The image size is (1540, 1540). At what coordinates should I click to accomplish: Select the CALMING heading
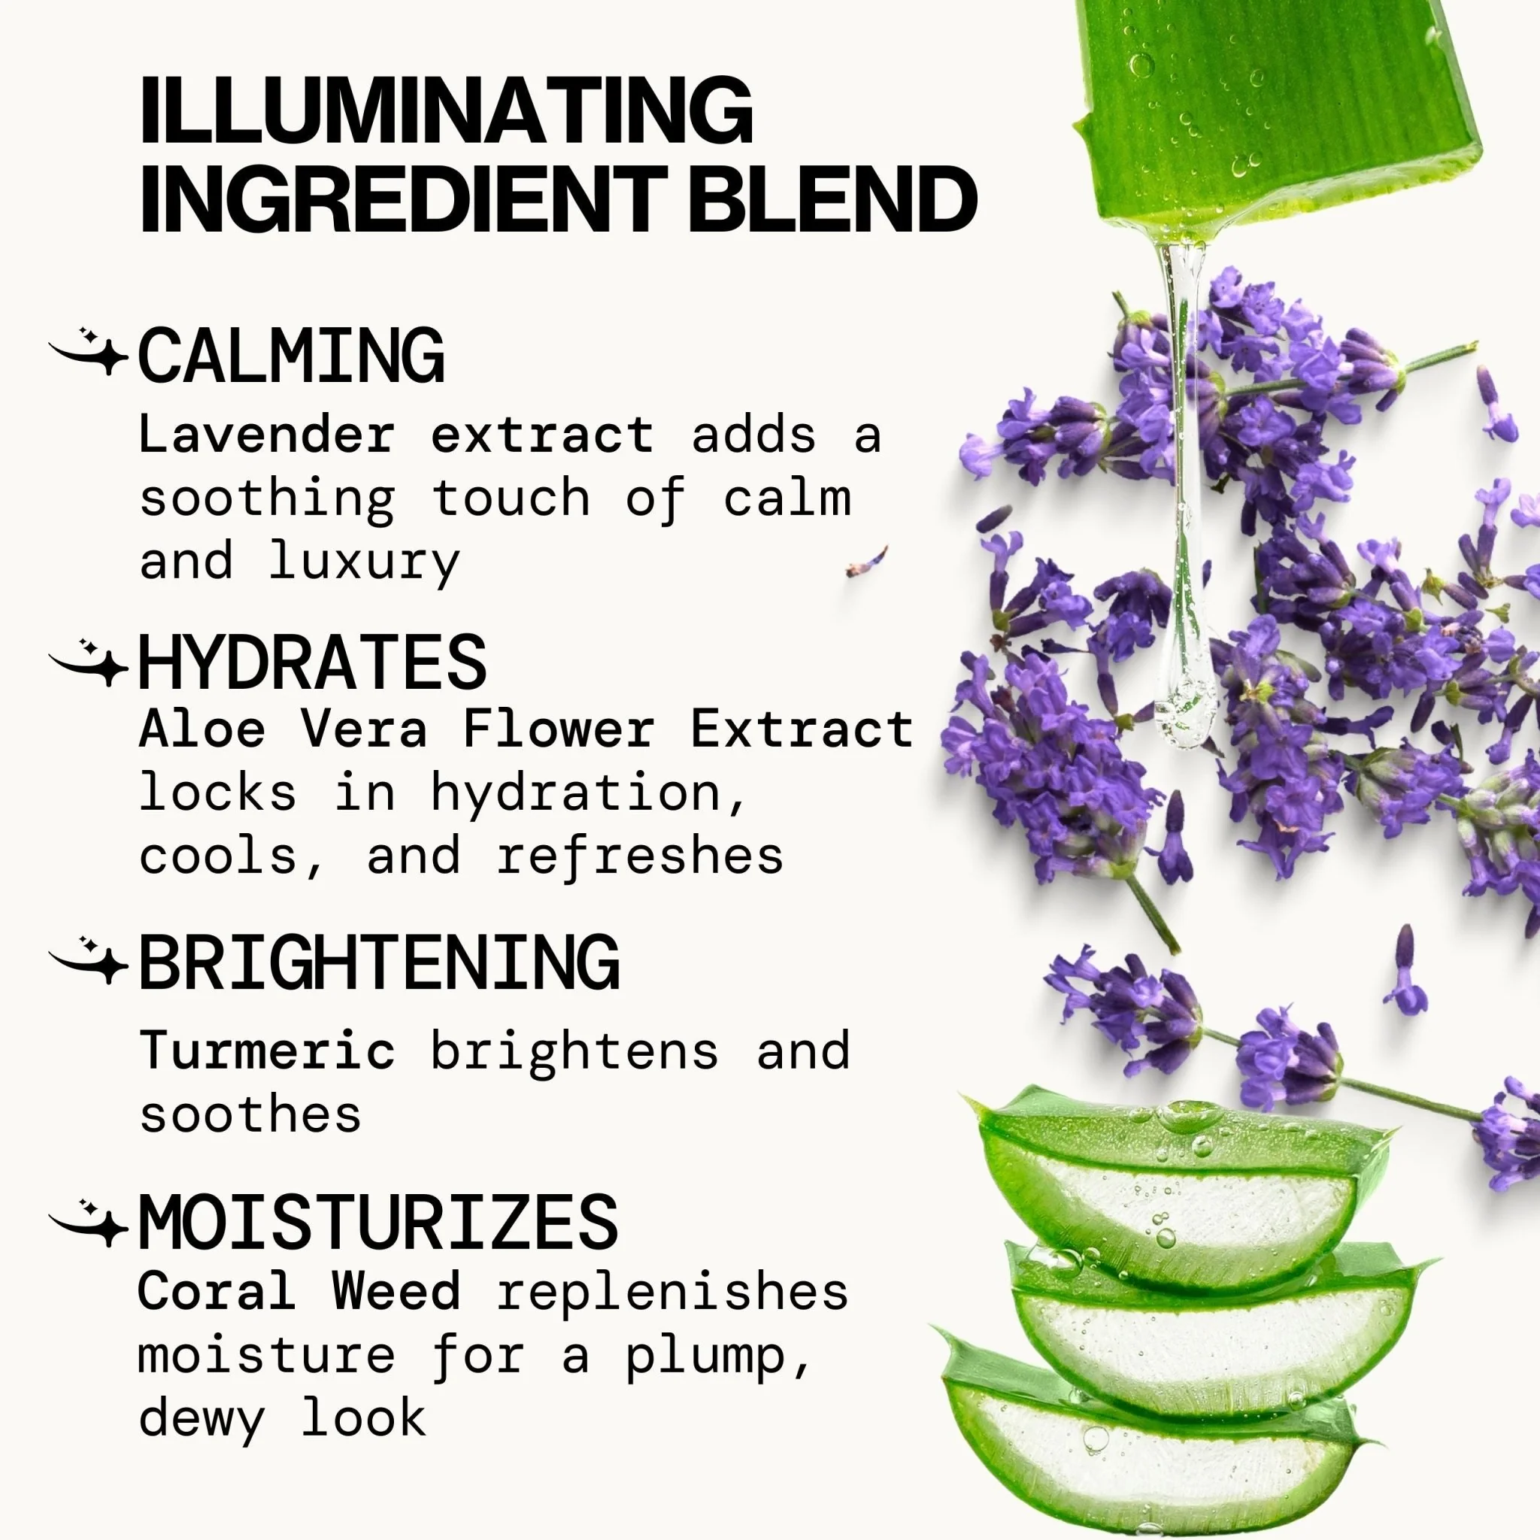coord(291,356)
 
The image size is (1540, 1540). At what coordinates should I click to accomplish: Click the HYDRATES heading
coord(313,662)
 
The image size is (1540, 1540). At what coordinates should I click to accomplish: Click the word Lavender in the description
coord(267,435)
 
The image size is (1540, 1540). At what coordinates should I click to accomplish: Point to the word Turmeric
coord(267,1050)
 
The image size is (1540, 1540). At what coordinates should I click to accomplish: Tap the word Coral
coord(217,1290)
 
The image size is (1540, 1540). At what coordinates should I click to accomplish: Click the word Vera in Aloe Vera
coord(363,729)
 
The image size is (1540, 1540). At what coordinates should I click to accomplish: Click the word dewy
coord(201,1420)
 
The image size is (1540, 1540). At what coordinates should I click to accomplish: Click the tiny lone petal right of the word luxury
coord(867,561)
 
